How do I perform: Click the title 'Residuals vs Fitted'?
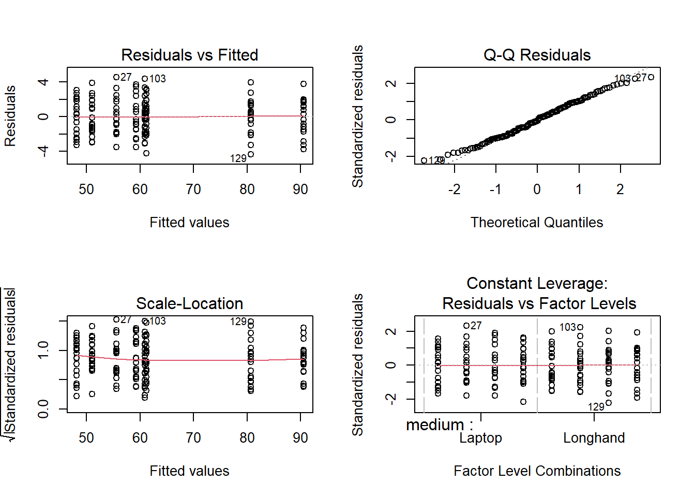coord(189,55)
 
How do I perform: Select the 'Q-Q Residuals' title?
coord(537,55)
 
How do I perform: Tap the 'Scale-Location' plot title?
coord(189,303)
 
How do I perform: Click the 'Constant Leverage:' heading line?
coord(537,283)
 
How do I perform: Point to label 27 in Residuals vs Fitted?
coord(126,77)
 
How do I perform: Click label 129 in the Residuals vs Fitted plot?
coord(238,158)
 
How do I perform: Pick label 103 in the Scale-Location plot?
coord(158,321)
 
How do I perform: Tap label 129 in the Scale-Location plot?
coord(238,321)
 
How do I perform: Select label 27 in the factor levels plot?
coord(476,326)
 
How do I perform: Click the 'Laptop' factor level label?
coord(480,438)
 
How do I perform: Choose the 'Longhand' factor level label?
coord(594,438)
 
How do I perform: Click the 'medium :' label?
coord(440,425)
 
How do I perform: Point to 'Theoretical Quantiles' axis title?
coord(537,223)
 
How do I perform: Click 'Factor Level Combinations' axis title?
coord(537,471)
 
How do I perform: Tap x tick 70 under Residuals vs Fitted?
coord(193,189)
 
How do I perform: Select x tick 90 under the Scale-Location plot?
coord(300,438)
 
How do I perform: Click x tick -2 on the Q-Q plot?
coord(454,189)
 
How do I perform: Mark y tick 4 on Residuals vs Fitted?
coord(43,82)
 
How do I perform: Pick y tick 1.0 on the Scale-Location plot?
coord(43,350)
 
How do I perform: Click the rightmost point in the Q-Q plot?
coord(651,77)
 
